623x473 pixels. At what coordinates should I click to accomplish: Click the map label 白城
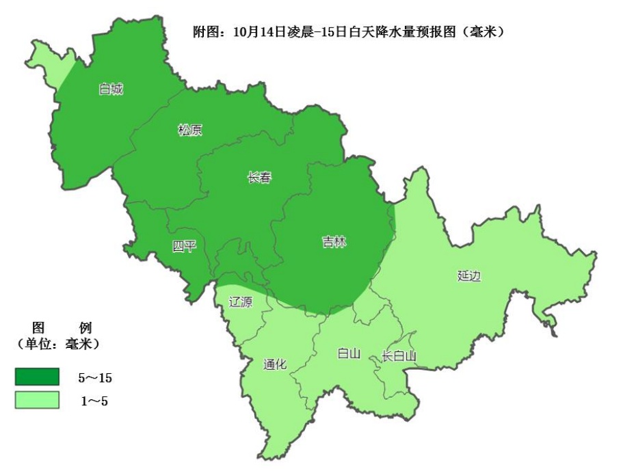click(x=111, y=89)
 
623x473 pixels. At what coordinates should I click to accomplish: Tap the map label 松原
click(x=190, y=131)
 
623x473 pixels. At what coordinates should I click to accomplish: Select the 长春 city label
click(x=259, y=178)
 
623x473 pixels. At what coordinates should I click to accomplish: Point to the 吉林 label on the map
click(x=334, y=242)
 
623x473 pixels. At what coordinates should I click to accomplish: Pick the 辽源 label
click(x=240, y=301)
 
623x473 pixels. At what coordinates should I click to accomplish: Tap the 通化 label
click(x=276, y=364)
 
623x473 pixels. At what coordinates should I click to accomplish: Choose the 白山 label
click(x=348, y=353)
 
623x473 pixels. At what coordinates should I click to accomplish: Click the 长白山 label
click(x=399, y=356)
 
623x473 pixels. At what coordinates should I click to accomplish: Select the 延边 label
click(x=469, y=276)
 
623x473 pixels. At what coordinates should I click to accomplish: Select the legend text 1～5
click(x=94, y=401)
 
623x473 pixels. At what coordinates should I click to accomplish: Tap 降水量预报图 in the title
click(x=426, y=31)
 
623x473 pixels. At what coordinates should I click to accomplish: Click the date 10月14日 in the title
click(x=255, y=31)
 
